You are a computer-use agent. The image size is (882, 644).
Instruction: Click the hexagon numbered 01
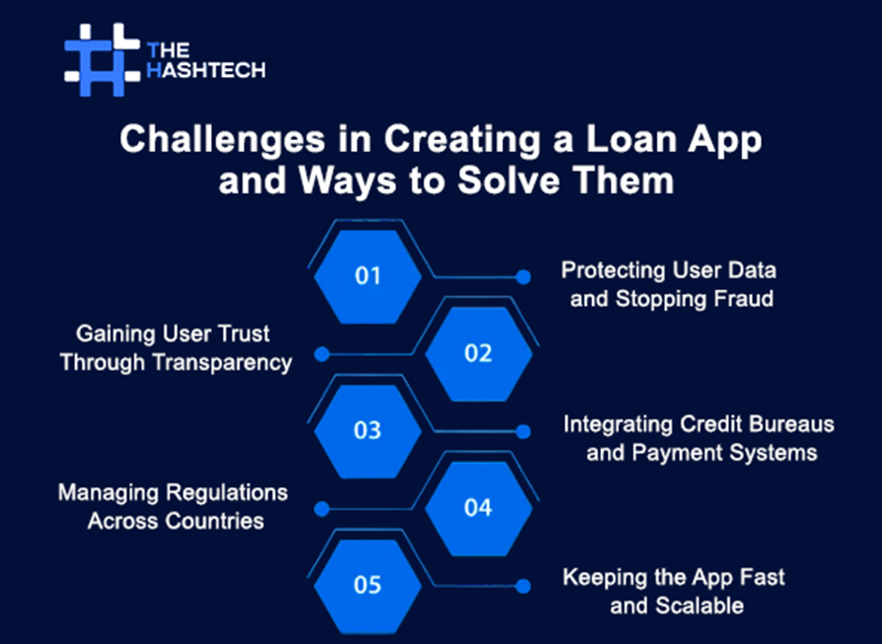[x=367, y=276]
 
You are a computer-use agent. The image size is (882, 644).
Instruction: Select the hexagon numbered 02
[x=478, y=353]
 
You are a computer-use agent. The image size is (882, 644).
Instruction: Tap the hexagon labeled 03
[x=367, y=431]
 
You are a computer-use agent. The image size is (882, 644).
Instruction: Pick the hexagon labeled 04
[x=478, y=508]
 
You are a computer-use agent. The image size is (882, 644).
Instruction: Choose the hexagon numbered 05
[x=367, y=585]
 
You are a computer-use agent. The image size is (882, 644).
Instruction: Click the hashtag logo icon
[x=102, y=59]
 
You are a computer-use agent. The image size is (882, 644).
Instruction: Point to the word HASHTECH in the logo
[x=206, y=70]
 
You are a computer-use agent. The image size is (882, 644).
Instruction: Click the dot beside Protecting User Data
[x=524, y=277]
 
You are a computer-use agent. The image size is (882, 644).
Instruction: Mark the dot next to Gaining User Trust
[x=322, y=355]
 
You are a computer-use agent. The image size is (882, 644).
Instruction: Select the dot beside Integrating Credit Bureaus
[x=524, y=432]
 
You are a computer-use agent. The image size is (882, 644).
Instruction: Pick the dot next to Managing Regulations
[x=322, y=509]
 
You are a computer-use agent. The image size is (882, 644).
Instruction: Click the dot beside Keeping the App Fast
[x=524, y=586]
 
